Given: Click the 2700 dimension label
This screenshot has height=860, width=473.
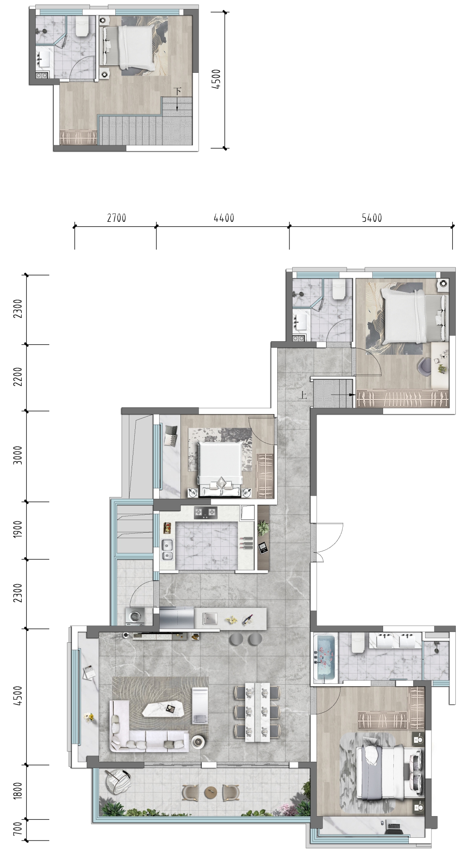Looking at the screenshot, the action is tap(116, 218).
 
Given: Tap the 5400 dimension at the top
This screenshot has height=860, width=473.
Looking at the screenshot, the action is tap(372, 218).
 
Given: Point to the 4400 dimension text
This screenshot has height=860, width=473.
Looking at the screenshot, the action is tap(224, 218).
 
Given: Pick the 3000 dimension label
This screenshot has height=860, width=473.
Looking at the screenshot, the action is tap(17, 455).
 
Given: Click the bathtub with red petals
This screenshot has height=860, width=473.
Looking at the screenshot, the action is tap(326, 657).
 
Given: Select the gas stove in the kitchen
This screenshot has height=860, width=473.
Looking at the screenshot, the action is tap(206, 513).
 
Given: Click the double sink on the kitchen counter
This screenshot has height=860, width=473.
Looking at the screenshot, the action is tap(167, 549).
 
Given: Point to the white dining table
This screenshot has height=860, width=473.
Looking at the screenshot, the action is tap(256, 711).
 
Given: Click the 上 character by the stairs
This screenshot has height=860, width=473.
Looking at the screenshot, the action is tap(303, 395).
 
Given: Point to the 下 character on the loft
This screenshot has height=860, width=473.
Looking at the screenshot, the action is tap(178, 91).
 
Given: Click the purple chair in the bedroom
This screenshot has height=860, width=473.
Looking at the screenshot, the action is tap(426, 366).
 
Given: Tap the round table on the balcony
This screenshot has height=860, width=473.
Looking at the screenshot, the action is tap(211, 792).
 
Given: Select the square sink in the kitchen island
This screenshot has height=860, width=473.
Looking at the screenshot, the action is tap(210, 618).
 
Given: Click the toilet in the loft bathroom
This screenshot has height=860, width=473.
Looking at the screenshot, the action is tap(82, 27).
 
